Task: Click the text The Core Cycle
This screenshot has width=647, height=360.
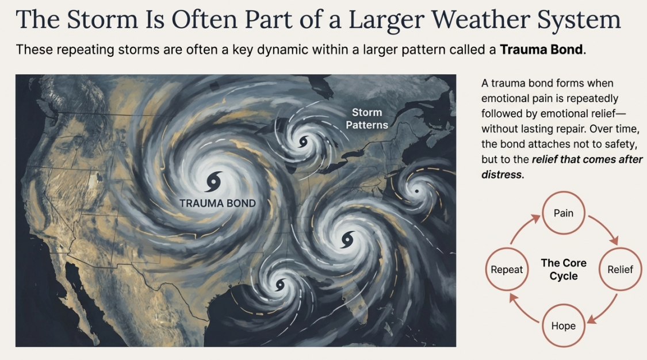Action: pos(564,269)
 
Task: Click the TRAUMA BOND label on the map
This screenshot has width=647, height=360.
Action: pos(217,203)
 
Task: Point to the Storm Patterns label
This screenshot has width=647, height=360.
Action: pos(367,118)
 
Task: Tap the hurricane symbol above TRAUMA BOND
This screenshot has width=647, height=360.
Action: pos(214,182)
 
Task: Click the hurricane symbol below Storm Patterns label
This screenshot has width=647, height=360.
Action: pos(304,142)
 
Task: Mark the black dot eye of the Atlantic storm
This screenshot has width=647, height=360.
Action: pos(417,191)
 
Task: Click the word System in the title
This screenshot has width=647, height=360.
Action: pos(579,20)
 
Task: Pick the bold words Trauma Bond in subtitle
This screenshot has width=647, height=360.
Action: pos(541,50)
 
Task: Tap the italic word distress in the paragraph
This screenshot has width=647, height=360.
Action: pos(501,174)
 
